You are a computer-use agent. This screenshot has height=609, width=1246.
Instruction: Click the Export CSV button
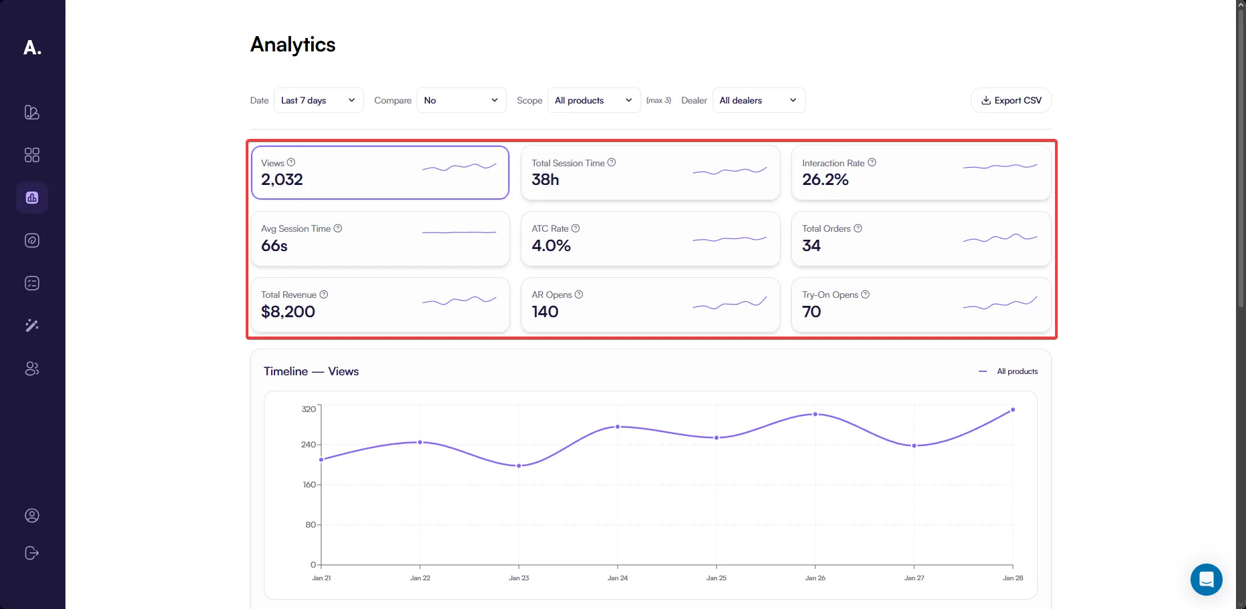pos(1011,100)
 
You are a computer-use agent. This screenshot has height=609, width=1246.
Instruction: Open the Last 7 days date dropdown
pos(319,100)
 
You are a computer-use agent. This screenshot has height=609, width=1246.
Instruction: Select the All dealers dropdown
pos(759,100)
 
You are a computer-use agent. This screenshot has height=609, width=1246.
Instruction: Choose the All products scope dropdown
pos(594,100)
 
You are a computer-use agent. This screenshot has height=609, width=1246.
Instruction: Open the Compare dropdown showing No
pos(461,100)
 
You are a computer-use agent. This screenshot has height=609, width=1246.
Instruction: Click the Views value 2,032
pos(282,180)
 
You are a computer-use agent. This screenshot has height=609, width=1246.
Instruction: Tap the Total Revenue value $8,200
pos(288,312)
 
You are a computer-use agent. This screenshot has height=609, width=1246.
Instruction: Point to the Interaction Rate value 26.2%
pos(825,180)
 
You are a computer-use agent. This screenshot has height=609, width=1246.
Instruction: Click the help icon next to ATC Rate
pos(576,228)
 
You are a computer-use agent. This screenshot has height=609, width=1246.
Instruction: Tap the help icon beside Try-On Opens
pos(865,294)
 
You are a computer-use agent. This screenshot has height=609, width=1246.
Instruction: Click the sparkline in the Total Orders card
pos(1000,238)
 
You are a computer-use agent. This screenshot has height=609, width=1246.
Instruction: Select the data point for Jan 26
pos(815,414)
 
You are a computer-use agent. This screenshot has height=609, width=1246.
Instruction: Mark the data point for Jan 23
pos(519,465)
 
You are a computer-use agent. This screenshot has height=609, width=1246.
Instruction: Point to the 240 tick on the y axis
pos(308,444)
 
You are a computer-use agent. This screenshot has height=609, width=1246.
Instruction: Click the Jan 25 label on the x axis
pos(716,578)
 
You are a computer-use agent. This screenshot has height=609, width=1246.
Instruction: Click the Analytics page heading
pos(293,45)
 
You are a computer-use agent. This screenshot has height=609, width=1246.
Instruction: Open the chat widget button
pos(1206,579)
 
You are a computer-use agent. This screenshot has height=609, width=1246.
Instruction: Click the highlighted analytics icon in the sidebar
pos(32,198)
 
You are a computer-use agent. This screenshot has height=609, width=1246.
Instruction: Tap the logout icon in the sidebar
pos(32,553)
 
